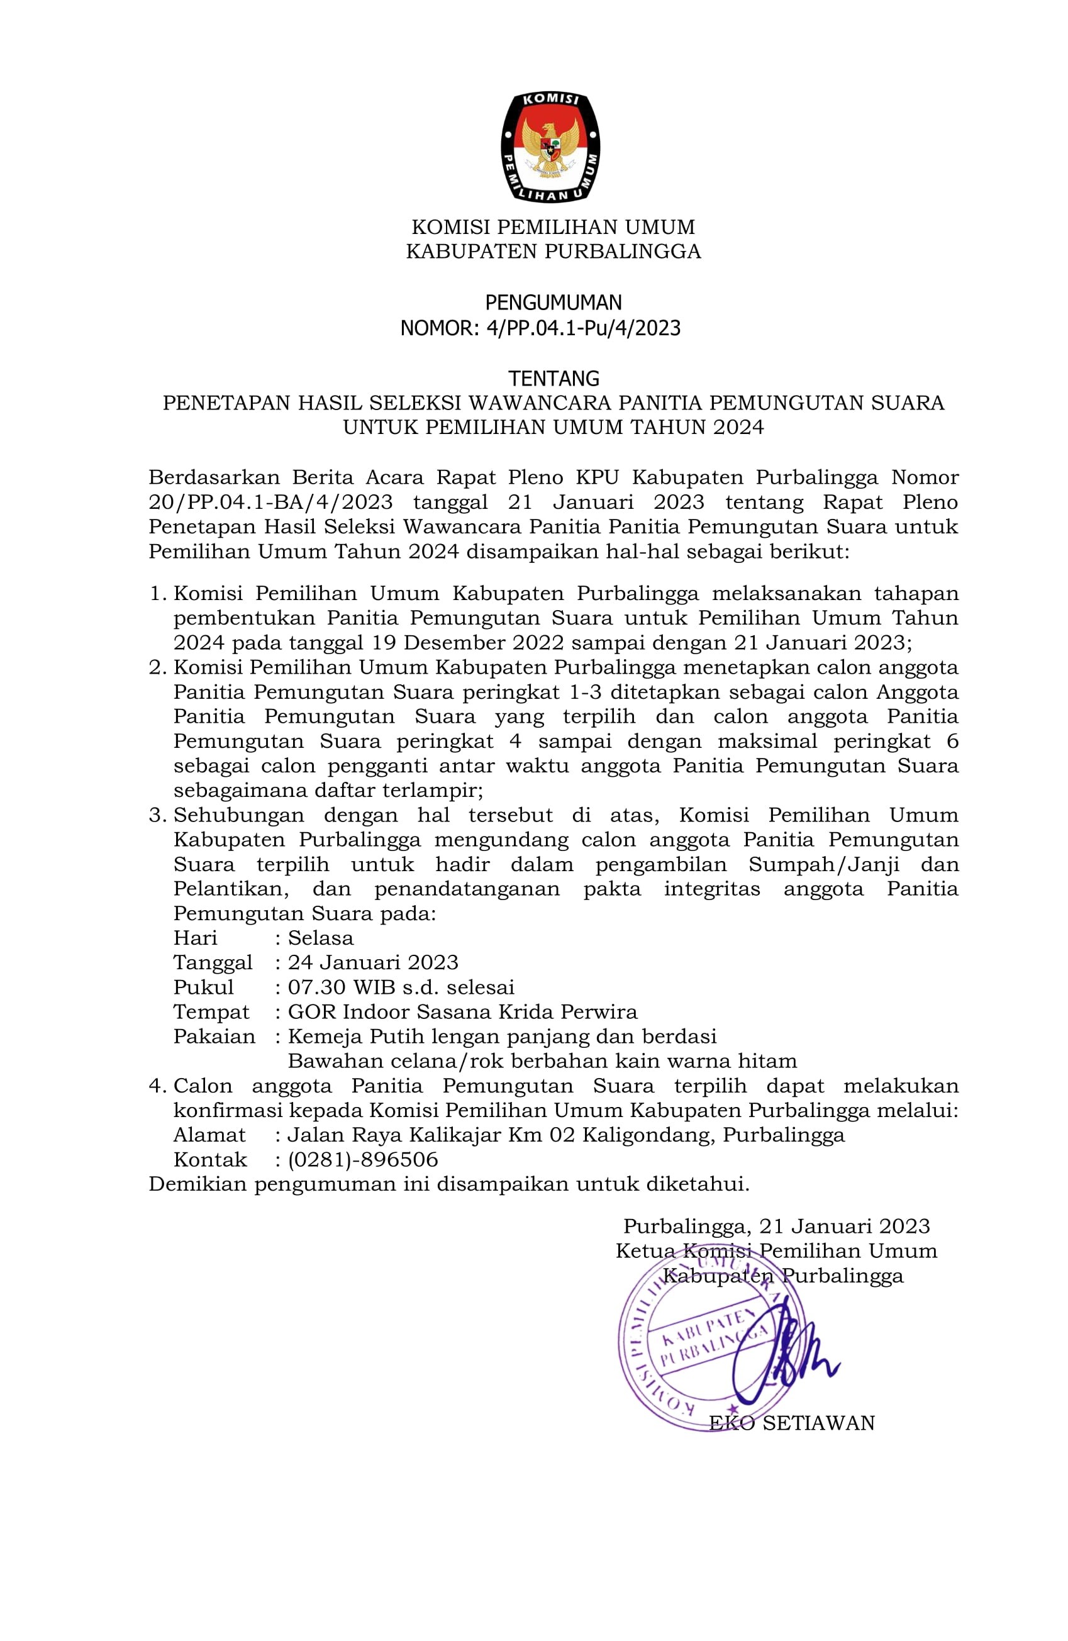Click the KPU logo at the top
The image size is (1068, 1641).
tap(550, 146)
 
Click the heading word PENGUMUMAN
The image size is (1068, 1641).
tap(553, 303)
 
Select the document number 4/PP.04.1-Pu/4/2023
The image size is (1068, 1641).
tap(583, 328)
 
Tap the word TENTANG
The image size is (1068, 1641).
tap(553, 378)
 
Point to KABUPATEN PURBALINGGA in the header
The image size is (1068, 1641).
tap(553, 251)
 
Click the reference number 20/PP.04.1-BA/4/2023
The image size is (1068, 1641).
tap(271, 502)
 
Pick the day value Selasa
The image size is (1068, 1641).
tap(321, 938)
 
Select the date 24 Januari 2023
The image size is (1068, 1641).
tap(373, 962)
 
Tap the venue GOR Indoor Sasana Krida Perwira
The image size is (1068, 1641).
tap(462, 1012)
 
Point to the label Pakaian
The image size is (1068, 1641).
tap(214, 1037)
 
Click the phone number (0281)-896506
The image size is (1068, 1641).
tap(363, 1160)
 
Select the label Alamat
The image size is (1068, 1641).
tap(209, 1135)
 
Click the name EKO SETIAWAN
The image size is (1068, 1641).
tap(791, 1423)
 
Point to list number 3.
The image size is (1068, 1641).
tap(157, 815)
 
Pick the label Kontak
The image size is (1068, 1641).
tap(209, 1160)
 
